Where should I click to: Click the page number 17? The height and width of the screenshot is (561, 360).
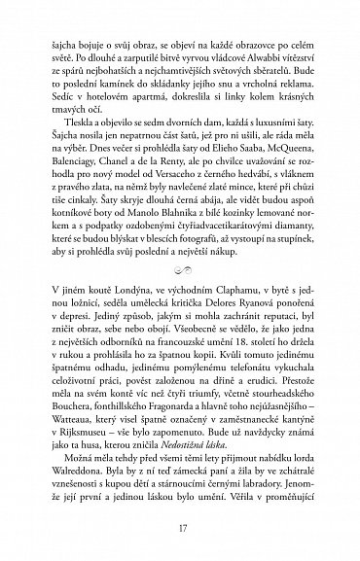point(180,530)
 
